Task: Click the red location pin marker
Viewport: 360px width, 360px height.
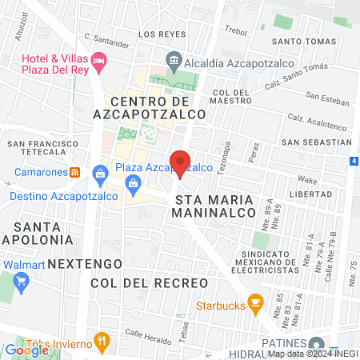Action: (180, 162)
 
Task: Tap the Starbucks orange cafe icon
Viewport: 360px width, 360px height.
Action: (256, 302)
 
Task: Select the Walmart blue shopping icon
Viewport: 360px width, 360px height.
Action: (22, 281)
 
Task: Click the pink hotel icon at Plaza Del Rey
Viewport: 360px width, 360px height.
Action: (98, 60)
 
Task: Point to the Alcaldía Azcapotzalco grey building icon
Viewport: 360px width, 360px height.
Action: (174, 60)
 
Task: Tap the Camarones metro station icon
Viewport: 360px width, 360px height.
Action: (74, 171)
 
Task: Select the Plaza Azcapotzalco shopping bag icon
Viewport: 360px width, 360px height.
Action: (101, 171)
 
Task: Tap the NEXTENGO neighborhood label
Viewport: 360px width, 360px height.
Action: (85, 262)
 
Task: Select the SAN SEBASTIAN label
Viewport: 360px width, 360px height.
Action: (317, 142)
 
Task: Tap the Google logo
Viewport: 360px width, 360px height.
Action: (26, 350)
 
